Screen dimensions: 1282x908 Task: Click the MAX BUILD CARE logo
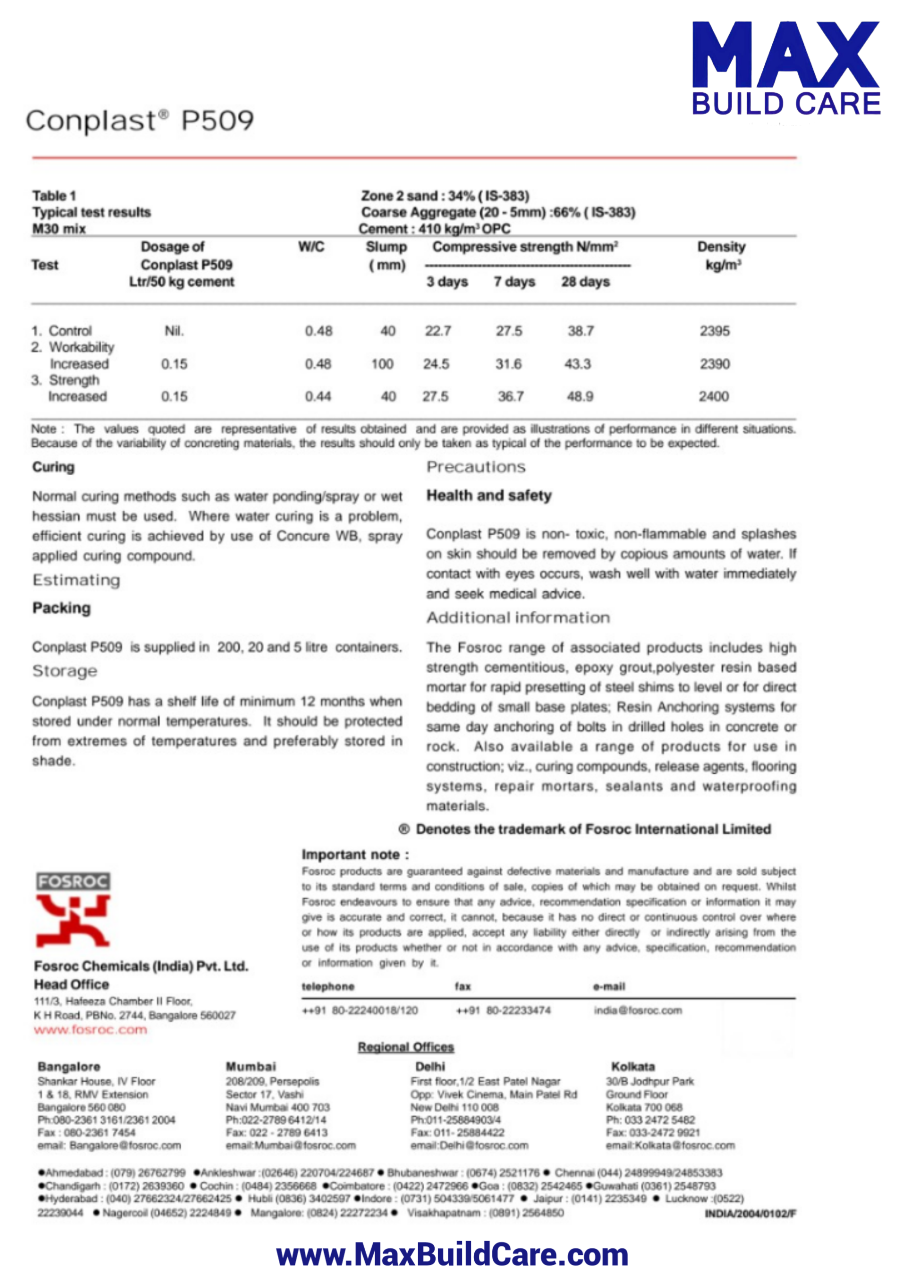tap(786, 68)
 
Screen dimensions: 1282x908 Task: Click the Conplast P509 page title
tap(140, 121)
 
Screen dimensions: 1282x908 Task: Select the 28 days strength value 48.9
tap(580, 397)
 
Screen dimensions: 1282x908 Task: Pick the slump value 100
tap(383, 364)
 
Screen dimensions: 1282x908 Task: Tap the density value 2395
tap(715, 331)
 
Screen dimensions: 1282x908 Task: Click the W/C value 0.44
tap(318, 397)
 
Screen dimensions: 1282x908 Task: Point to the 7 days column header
tap(514, 282)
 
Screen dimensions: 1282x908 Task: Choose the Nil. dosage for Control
tap(174, 331)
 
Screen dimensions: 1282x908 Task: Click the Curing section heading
tap(53, 467)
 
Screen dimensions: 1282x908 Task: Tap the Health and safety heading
tap(489, 495)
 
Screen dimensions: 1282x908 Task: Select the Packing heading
tap(61, 608)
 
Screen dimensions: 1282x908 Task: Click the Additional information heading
tap(518, 618)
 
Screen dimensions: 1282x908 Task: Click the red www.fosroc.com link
tap(91, 1029)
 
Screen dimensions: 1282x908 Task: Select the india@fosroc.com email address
tap(638, 1010)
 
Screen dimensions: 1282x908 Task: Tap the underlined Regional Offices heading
tap(406, 1047)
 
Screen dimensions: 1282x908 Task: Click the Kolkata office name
tap(633, 1066)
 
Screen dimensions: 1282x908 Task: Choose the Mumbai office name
tap(250, 1066)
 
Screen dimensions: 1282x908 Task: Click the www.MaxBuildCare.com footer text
tap(452, 1254)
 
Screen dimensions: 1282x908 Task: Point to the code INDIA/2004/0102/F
tap(750, 1213)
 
